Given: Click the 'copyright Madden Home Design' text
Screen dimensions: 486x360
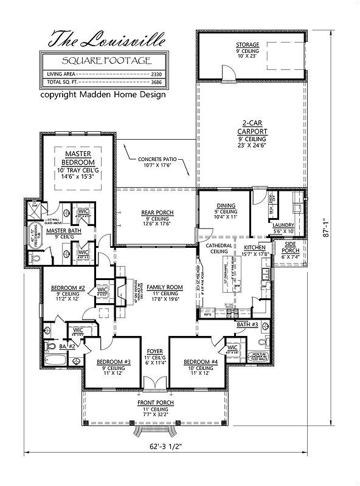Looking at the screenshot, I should click(103, 95).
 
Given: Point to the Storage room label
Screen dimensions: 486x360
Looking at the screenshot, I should click(247, 45).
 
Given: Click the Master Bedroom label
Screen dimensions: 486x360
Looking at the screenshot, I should click(78, 159).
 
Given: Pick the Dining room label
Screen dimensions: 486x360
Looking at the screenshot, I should click(224, 206).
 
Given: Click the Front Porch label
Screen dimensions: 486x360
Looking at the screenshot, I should click(156, 403).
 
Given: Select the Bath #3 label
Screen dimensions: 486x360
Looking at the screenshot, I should click(251, 325).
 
